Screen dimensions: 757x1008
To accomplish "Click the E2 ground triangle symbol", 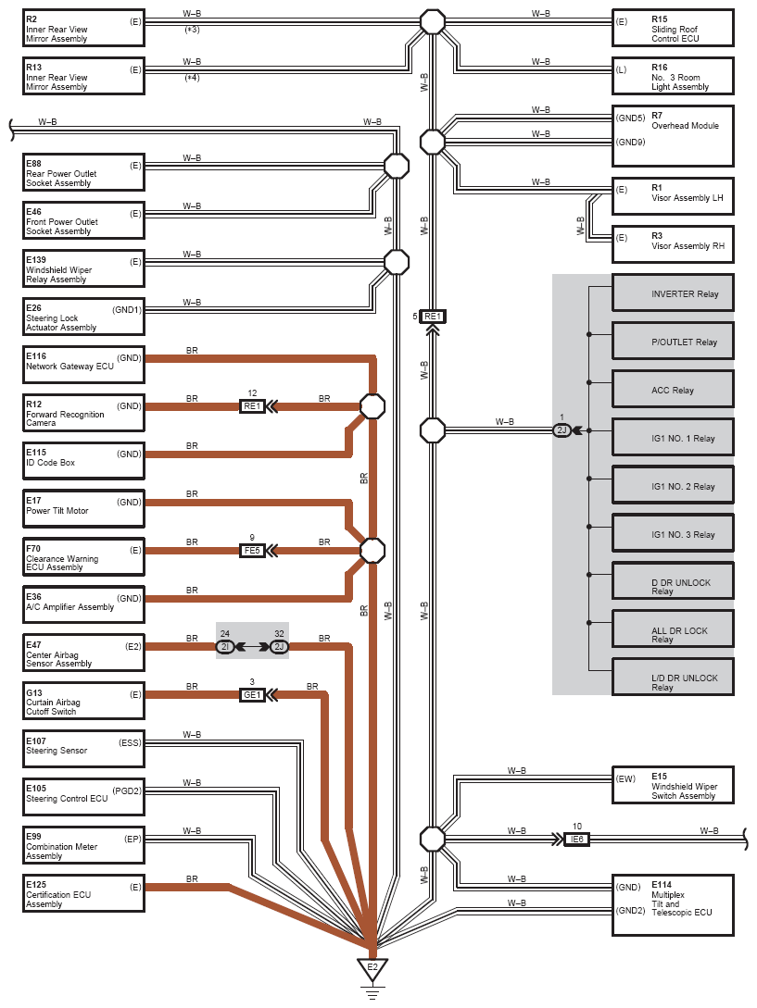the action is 372,969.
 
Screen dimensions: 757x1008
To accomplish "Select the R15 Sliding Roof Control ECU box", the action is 673,28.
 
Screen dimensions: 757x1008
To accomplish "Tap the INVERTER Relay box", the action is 673,293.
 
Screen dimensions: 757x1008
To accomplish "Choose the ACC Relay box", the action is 673,390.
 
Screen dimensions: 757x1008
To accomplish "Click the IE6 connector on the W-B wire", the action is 576,839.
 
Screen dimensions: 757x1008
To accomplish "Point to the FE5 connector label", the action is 252,551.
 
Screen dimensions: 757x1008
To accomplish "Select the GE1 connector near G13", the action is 252,694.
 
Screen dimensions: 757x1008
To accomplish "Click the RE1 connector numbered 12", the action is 252,405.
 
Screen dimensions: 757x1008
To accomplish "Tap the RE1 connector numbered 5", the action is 433,317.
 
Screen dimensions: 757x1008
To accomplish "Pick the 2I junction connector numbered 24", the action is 225,647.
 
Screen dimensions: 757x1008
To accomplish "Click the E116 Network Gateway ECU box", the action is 83,365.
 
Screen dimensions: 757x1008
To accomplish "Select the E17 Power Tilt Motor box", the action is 83,509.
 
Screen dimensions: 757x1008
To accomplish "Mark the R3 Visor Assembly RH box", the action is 673,244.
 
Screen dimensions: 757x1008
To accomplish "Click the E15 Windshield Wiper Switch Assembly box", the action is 673,785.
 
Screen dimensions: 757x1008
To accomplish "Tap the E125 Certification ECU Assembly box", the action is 83,893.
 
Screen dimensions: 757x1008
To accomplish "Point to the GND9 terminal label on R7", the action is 630,142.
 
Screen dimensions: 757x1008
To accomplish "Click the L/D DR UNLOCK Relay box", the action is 673,677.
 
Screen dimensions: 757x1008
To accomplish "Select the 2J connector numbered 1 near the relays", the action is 561,430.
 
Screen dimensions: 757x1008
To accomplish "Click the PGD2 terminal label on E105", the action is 127,790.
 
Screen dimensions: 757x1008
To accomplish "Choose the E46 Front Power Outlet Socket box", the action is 83,220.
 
